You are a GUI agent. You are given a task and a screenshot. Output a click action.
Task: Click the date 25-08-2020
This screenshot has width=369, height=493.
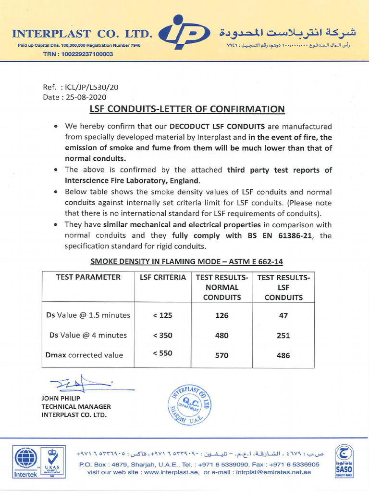pyautogui.click(x=86, y=97)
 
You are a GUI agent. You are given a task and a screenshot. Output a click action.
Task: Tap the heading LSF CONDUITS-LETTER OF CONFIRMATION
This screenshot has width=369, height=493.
pyautogui.click(x=187, y=109)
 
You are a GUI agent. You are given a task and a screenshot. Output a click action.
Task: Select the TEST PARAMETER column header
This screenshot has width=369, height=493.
pyautogui.click(x=88, y=277)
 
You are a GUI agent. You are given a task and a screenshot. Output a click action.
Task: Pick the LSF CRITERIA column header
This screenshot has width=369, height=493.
pyautogui.click(x=162, y=277)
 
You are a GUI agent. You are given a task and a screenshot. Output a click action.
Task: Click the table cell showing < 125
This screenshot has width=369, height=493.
pyautogui.click(x=162, y=315)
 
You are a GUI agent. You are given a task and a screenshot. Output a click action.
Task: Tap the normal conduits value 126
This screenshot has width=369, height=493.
pyautogui.click(x=221, y=315)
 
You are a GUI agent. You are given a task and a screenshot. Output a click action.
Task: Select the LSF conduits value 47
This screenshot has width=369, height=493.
pyautogui.click(x=283, y=315)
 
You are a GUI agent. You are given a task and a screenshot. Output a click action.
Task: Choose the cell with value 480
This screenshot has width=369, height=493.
pyautogui.click(x=221, y=336)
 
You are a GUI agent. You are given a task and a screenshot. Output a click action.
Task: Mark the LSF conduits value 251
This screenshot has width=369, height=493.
pyautogui.click(x=283, y=336)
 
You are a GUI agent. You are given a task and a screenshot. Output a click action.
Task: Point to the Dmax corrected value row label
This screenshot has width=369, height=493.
pyautogui.click(x=85, y=355)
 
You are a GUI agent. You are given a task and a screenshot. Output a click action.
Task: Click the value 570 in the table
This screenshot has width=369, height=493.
pyautogui.click(x=221, y=355)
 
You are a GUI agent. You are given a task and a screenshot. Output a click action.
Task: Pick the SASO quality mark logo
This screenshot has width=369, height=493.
pyautogui.click(x=344, y=461)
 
